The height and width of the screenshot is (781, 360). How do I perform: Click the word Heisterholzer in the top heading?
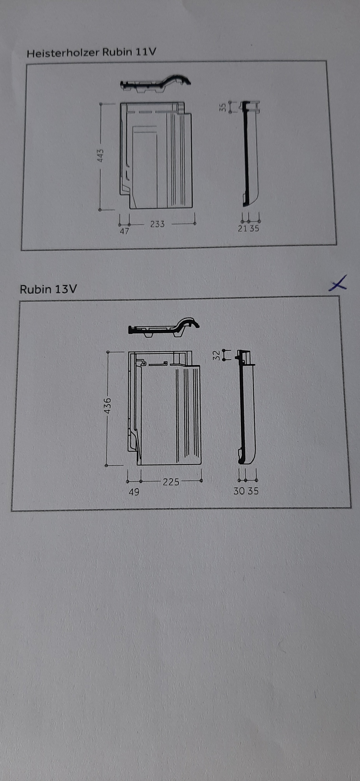coord(63,53)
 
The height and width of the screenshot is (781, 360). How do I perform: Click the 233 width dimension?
coord(157,224)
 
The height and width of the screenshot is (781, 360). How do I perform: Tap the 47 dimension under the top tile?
coord(124,231)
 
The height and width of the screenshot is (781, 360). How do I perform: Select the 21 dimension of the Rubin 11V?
coord(243,229)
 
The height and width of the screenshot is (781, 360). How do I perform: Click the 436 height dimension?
coord(107,406)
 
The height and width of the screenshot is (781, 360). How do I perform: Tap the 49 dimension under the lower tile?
coord(134,492)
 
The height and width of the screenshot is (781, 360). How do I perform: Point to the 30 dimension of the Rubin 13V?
coord(239,491)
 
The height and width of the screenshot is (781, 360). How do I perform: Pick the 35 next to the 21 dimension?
coord(254,229)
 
